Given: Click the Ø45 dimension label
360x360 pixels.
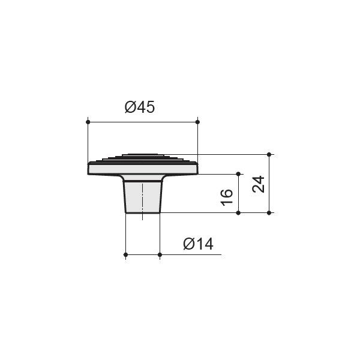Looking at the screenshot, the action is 140,107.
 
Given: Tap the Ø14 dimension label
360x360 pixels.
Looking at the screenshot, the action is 199,244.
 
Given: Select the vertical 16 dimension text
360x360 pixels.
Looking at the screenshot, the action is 227,197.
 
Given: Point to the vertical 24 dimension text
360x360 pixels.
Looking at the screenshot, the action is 258,184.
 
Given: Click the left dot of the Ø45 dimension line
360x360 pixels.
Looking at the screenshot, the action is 88,122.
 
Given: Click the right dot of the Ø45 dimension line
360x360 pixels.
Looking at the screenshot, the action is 197,122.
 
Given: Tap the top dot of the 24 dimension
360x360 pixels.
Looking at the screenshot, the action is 269,155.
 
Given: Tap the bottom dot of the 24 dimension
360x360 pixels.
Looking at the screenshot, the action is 269,213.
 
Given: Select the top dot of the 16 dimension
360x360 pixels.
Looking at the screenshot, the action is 238,174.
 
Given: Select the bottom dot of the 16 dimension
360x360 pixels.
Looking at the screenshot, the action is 238,213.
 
